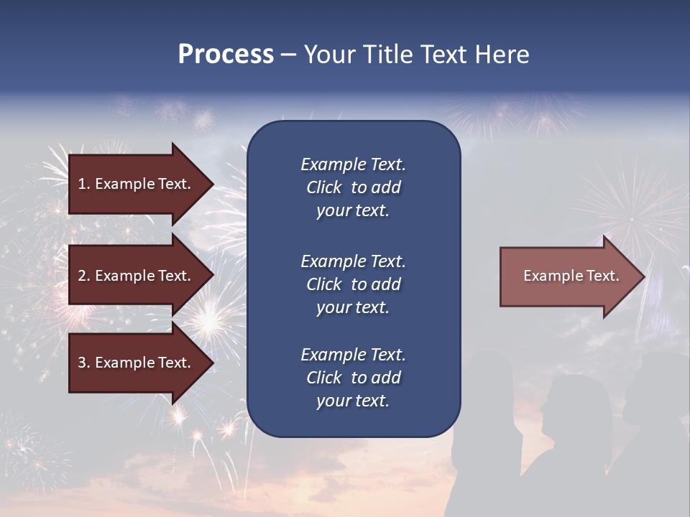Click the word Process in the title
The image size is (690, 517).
pos(226,55)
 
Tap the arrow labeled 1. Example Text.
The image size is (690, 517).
pos(137,184)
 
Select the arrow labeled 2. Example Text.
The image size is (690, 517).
pos(137,276)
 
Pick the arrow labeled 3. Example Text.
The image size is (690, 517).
pos(137,363)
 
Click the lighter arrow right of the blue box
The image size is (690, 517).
pos(568,276)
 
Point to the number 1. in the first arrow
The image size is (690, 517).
pos(83,184)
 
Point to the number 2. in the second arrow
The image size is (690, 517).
pos(83,276)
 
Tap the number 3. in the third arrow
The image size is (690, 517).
pos(83,363)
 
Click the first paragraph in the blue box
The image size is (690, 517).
pos(353,187)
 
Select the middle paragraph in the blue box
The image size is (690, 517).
pos(353,284)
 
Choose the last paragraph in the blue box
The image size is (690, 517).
pos(353,378)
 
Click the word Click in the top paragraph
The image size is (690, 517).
pos(324,188)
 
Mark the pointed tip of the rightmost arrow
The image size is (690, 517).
pos(643,276)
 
